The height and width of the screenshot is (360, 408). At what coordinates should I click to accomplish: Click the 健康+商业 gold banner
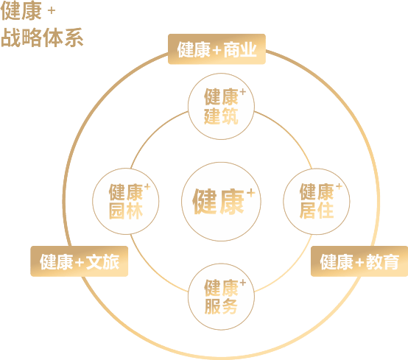[x=217, y=49]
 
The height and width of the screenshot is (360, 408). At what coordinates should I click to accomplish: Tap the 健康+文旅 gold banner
[x=80, y=261]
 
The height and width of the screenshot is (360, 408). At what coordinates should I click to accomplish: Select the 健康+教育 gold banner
[x=359, y=261]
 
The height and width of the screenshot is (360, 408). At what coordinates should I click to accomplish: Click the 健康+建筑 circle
[x=221, y=107]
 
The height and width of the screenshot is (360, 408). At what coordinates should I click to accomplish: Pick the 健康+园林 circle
[x=126, y=201]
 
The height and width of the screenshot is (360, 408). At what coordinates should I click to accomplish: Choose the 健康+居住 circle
[x=317, y=201]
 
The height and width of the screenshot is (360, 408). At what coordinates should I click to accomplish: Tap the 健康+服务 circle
[x=221, y=297]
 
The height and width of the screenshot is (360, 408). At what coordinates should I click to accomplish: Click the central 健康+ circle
[x=221, y=202]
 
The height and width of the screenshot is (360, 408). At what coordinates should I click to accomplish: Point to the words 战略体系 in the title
[x=42, y=38]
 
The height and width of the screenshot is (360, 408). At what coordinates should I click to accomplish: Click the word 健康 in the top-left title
[x=21, y=11]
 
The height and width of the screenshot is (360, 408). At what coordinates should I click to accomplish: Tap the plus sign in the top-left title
[x=52, y=10]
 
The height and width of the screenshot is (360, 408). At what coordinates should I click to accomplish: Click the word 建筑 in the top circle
[x=221, y=116]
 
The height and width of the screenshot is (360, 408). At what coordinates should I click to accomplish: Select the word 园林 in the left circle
[x=126, y=211]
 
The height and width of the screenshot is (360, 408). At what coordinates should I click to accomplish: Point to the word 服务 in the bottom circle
[x=221, y=306]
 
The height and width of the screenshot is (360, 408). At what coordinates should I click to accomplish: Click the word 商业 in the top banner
[x=240, y=49]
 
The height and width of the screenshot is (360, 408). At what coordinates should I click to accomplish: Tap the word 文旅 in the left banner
[x=102, y=261]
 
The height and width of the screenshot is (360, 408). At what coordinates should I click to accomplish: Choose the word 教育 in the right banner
[x=382, y=261]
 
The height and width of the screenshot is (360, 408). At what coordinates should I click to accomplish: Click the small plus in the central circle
[x=251, y=193]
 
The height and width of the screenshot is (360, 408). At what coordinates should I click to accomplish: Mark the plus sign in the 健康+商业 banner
[x=217, y=50]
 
